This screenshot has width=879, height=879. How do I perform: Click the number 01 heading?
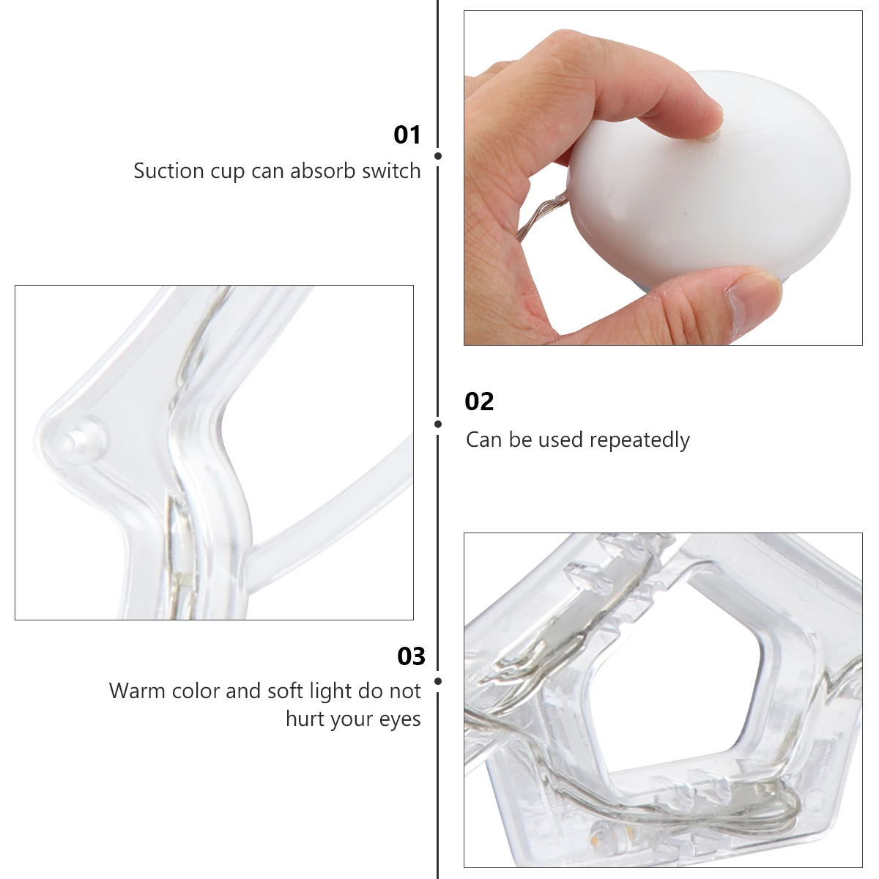click(407, 135)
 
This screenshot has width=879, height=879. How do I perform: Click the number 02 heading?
click(479, 401)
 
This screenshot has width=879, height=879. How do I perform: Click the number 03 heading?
click(411, 656)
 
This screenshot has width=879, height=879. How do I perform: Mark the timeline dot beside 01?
click(438, 156)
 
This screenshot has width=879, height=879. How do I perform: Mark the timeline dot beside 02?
click(438, 424)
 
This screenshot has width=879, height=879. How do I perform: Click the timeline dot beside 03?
click(438, 681)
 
